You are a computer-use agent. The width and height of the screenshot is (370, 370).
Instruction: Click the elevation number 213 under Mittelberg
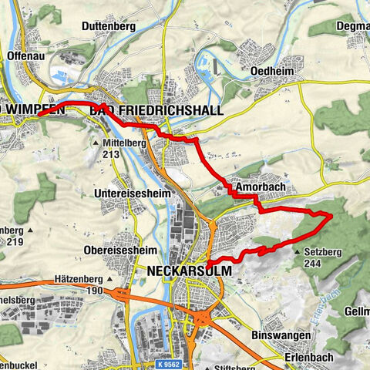113,153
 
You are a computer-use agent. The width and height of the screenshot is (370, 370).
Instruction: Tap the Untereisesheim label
126,192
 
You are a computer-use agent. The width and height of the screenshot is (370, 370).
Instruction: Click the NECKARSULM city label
186,271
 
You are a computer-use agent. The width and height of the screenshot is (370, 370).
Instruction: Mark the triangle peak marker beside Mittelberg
96,143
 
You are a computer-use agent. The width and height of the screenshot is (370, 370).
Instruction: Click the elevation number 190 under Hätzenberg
95,291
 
